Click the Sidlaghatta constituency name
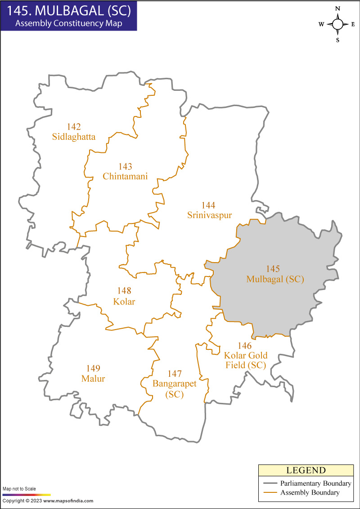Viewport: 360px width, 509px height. [74, 137]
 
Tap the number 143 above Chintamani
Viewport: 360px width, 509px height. [125, 167]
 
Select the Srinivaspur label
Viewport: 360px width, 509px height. [209, 215]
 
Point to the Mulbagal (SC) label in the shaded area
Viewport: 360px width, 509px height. [275, 279]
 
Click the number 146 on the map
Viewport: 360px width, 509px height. [244, 346]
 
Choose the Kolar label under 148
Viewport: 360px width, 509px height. [124, 301]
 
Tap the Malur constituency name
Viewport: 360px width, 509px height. [93, 379]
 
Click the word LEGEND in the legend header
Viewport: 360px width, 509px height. [306, 471]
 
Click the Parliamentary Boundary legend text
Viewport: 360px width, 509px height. [315, 484]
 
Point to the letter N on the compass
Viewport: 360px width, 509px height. [337, 8]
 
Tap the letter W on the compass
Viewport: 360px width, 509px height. [321, 25]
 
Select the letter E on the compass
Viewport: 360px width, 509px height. [353, 25]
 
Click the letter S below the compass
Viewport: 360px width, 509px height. [337, 40]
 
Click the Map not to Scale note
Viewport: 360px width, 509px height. [19, 489]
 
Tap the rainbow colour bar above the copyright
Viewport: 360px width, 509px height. [27, 494]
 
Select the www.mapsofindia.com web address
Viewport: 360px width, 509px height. [68, 500]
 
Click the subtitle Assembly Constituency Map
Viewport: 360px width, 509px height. [68, 23]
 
